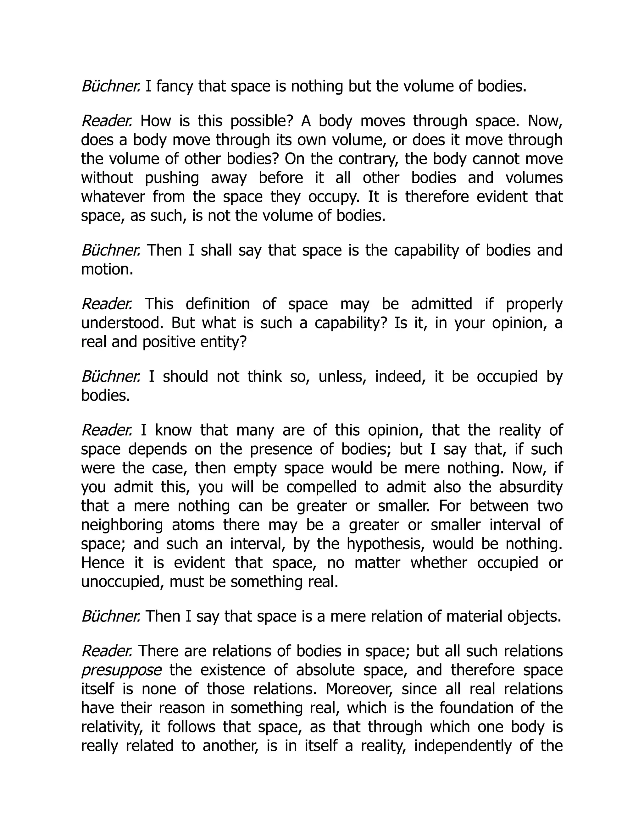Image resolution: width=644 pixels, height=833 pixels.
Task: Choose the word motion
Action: [107, 269]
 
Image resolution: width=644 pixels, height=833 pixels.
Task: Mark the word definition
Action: [218, 304]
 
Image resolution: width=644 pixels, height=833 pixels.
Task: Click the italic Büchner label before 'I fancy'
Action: [111, 86]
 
